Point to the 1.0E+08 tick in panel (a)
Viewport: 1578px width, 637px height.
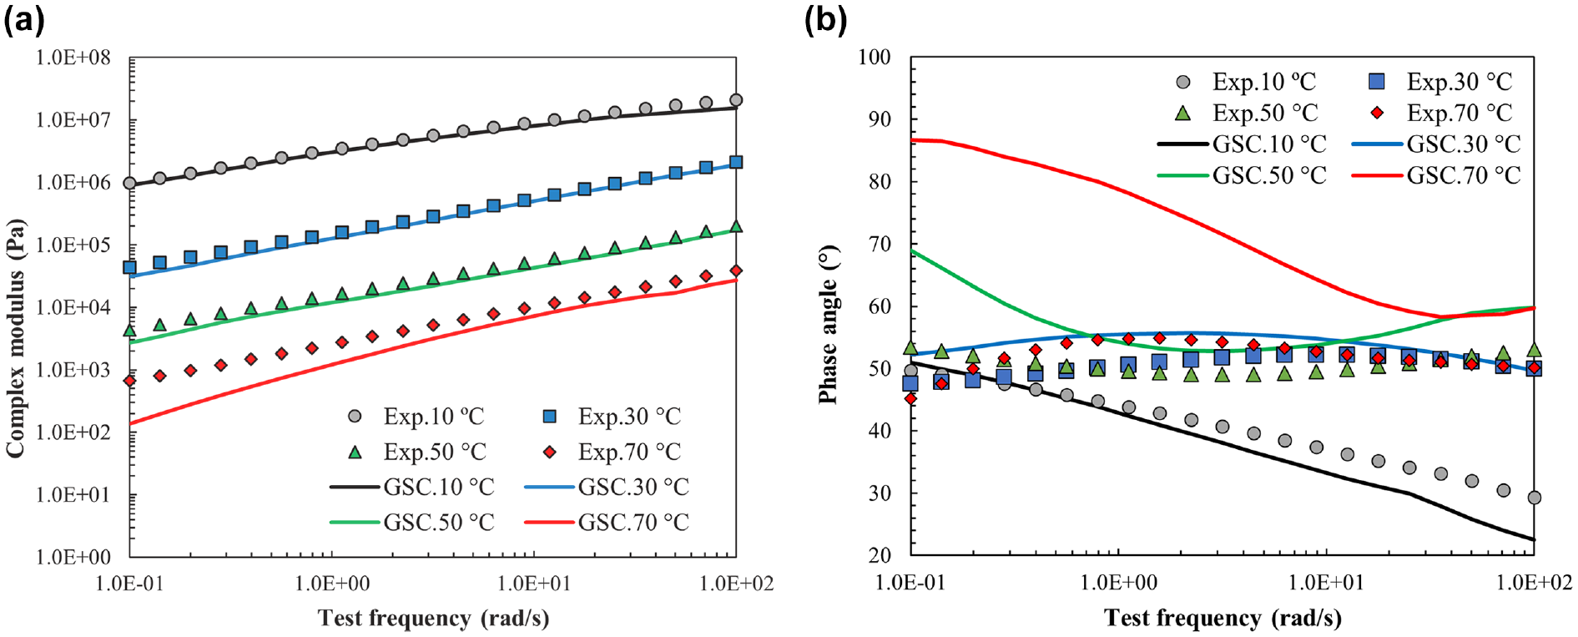click(73, 58)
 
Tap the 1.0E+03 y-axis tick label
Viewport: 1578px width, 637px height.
click(73, 370)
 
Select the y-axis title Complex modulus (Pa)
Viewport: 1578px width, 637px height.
click(16, 337)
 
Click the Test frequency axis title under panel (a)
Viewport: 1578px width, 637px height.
click(433, 618)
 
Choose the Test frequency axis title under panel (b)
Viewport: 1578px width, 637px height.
click(1223, 618)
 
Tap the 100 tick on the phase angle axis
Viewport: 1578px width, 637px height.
click(875, 57)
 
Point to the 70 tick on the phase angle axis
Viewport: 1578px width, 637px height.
click(880, 244)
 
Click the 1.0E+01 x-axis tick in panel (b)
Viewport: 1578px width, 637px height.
click(1326, 582)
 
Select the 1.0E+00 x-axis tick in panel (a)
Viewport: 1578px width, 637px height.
click(332, 582)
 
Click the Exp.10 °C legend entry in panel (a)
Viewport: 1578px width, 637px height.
click(416, 416)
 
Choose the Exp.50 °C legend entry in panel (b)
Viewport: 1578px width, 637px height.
click(1245, 113)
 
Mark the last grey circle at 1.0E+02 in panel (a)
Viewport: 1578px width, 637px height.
click(736, 100)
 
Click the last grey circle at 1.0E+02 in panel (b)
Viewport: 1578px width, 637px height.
click(1534, 498)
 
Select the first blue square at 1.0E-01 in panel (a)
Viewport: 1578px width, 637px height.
click(129, 267)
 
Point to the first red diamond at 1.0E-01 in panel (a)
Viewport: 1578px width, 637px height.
click(129, 381)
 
